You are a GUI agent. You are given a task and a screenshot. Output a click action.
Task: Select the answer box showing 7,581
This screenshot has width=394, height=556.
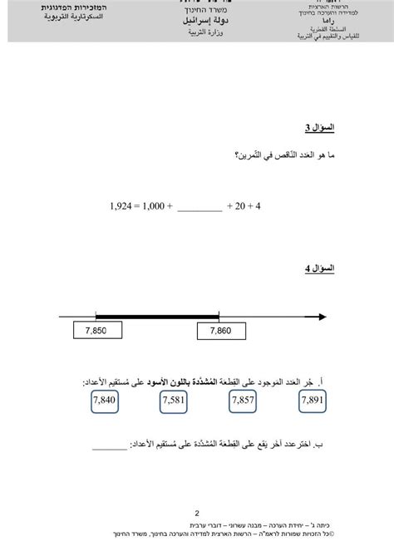click(x=175, y=403)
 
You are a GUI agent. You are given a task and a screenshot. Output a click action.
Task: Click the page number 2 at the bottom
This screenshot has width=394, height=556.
click(x=197, y=514)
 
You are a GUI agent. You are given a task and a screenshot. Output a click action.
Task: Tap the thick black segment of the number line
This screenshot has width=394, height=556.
click(x=157, y=316)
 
